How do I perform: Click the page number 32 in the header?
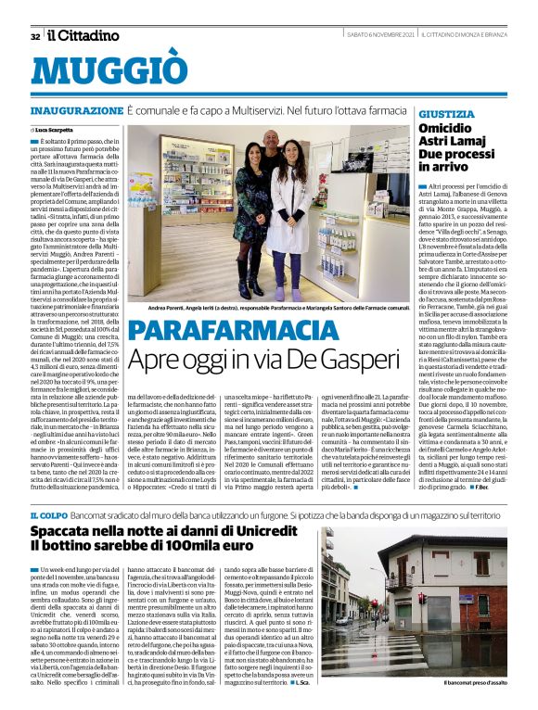click(34, 36)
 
